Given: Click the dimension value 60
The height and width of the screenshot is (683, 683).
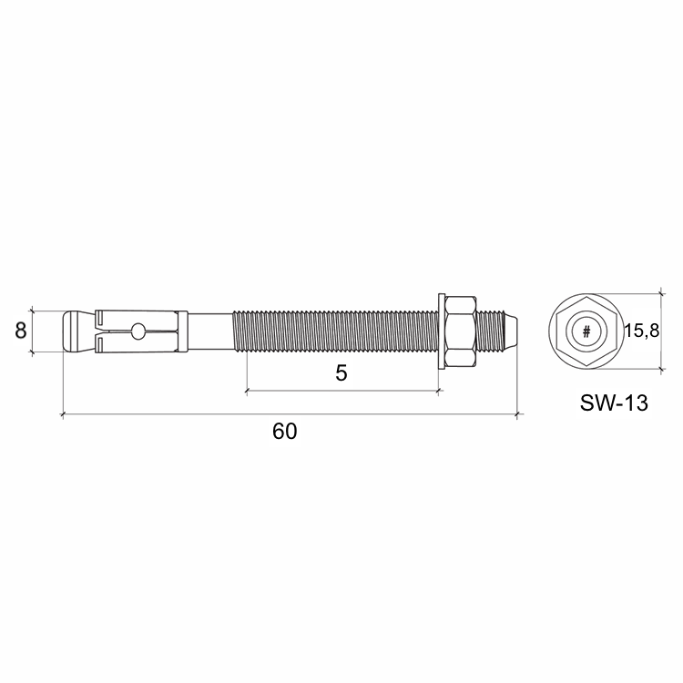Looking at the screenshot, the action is pos(285,432).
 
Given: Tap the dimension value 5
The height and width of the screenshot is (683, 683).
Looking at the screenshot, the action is pos(341,373).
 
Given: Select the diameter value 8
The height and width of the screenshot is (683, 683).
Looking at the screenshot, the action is pos(20,331).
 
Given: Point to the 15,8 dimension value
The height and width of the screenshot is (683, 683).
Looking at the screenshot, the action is pos(642,331).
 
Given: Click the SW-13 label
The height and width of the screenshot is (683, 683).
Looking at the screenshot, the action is pos(614,403).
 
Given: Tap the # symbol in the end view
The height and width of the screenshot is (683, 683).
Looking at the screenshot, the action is pos(586,331).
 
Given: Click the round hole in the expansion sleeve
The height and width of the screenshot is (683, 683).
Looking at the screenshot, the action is pos(138,331).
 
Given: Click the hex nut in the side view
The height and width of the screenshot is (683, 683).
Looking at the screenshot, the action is pos(461,331).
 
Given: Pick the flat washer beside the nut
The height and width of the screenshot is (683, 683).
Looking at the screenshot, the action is pos(442,331).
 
